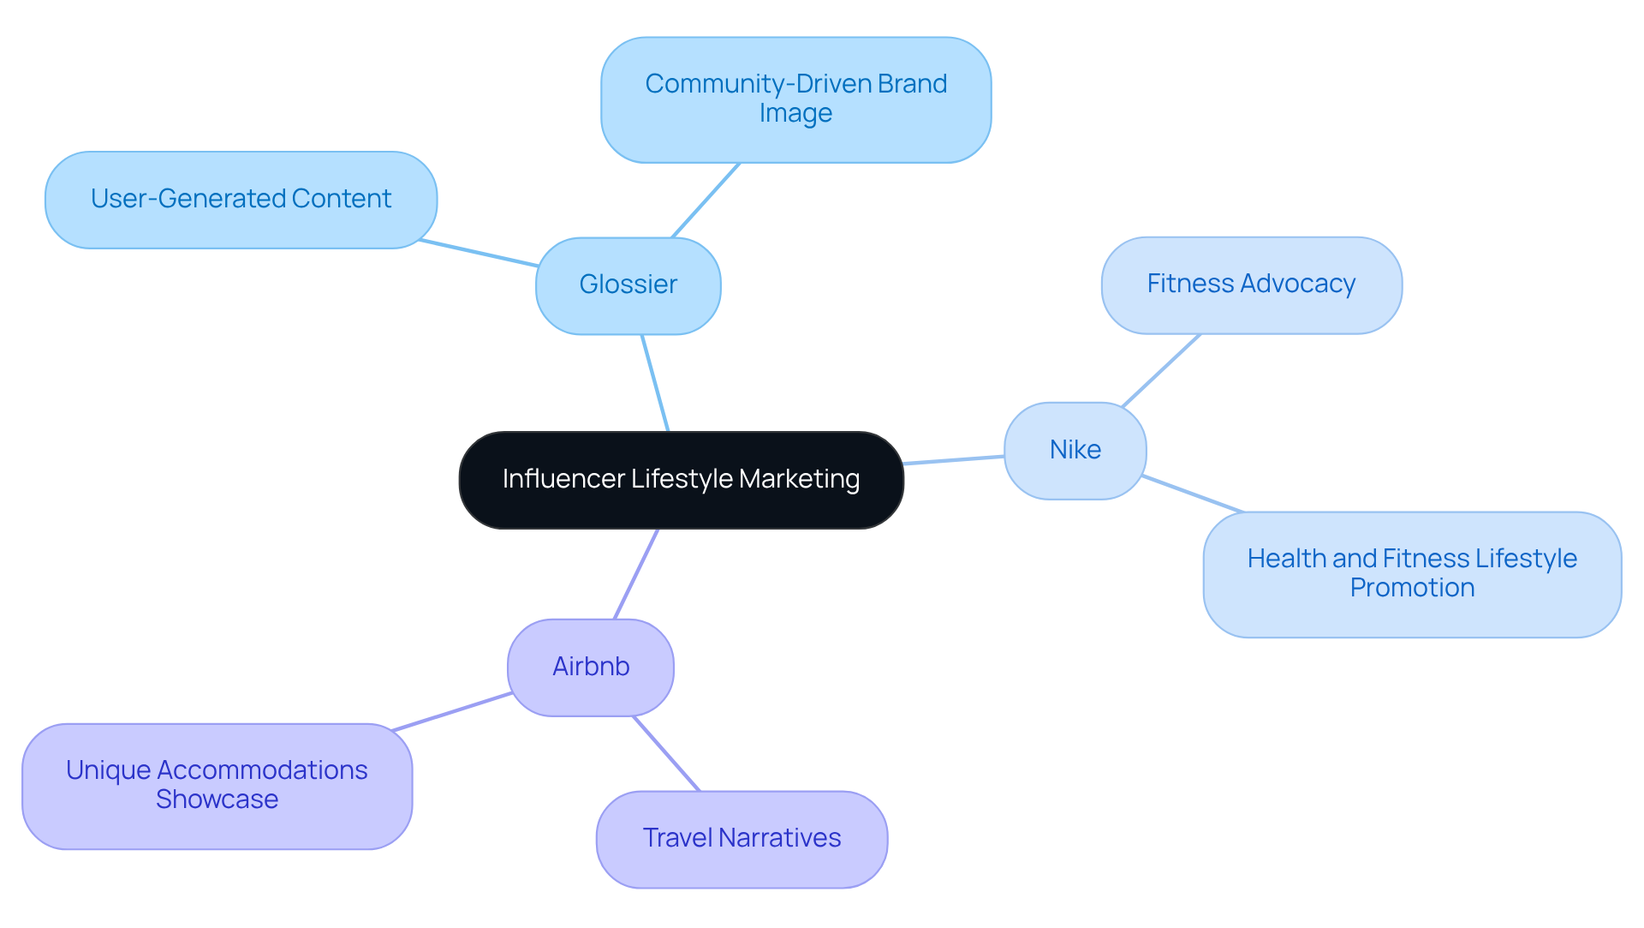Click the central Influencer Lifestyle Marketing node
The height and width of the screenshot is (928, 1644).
pos(681,480)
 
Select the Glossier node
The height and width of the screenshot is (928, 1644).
pos(628,285)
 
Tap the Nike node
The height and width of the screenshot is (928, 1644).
pos(1075,451)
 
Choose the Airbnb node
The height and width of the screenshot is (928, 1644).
pos(590,668)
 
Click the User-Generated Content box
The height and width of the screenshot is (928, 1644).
pos(241,200)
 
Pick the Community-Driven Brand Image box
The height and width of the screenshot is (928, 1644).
pos(795,99)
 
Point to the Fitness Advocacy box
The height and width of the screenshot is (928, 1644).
pos(1251,284)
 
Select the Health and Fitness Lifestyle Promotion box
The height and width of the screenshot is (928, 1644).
pos(1411,574)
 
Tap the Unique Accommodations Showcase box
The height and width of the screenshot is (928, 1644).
pos(217,786)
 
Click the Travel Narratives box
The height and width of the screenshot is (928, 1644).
pos(742,839)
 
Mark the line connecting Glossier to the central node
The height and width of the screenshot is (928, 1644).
pos(655,383)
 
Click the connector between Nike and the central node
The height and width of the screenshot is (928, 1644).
pos(954,460)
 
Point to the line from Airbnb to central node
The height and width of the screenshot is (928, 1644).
pos(636,573)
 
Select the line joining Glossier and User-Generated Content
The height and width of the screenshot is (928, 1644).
pos(479,254)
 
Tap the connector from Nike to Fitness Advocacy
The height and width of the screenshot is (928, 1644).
pos(1161,370)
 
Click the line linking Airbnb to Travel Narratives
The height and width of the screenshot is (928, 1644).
pos(666,753)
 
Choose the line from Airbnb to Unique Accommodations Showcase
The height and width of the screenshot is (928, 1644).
pos(451,712)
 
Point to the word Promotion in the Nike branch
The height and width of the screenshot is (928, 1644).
pos(1412,588)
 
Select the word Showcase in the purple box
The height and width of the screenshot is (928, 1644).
pos(217,799)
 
